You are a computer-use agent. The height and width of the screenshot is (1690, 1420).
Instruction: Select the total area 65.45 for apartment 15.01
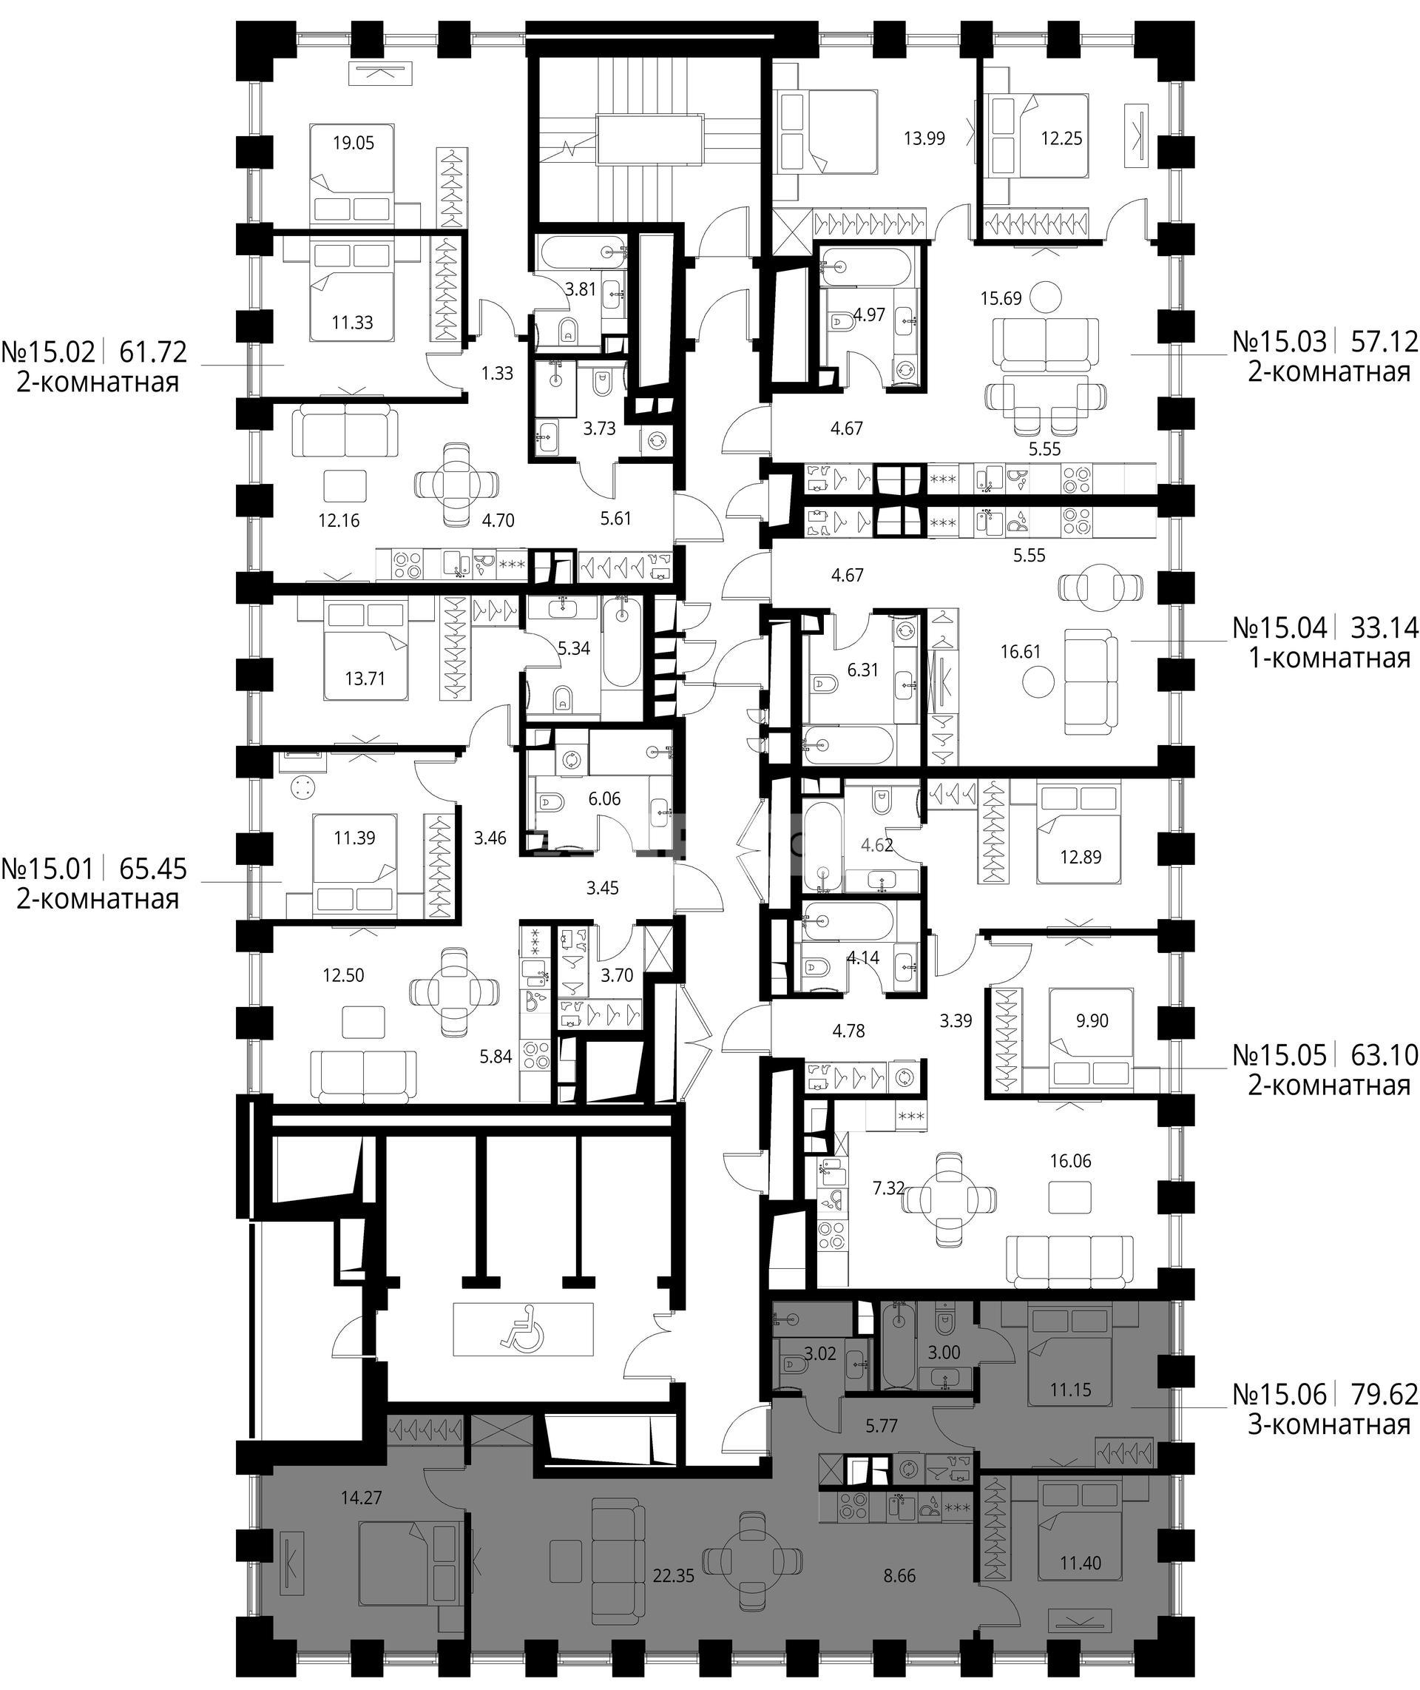pyautogui.click(x=153, y=869)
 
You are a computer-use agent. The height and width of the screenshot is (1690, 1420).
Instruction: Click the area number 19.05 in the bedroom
pyautogui.click(x=354, y=144)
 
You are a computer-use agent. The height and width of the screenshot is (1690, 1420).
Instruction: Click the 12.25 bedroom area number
pyautogui.click(x=1061, y=138)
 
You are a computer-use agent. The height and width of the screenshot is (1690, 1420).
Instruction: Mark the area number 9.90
pyautogui.click(x=1092, y=1021)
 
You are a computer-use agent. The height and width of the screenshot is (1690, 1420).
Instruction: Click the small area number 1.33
pyautogui.click(x=498, y=374)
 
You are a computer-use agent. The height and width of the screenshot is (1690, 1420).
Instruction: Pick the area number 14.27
pyautogui.click(x=361, y=1498)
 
